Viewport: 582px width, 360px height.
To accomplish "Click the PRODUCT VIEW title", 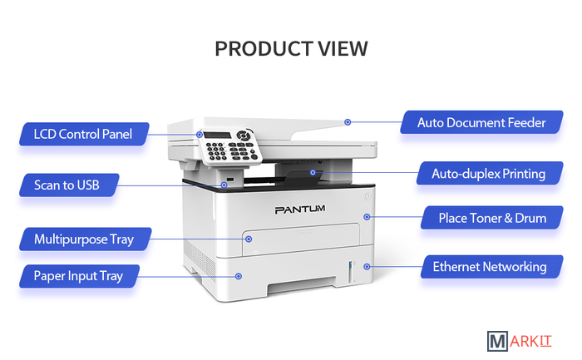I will click(x=291, y=48).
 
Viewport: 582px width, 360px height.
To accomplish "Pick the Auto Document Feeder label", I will click(x=482, y=122).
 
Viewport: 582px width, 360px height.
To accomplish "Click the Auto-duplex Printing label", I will click(x=488, y=174).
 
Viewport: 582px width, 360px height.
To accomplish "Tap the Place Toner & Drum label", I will click(x=492, y=218).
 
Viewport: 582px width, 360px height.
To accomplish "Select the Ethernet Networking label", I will click(x=490, y=267).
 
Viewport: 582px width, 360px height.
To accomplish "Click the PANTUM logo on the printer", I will click(x=299, y=210).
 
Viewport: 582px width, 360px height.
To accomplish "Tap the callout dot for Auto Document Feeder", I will click(x=348, y=122).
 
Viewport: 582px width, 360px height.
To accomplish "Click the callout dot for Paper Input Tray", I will click(x=239, y=274).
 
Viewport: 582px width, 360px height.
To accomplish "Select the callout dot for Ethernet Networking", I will click(x=367, y=267).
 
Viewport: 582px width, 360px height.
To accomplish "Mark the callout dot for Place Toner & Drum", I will click(x=366, y=217).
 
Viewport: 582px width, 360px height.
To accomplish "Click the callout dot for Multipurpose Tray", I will click(x=248, y=239).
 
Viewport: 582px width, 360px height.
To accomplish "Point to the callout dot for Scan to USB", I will click(x=224, y=185).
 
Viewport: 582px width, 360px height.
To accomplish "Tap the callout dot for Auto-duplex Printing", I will click(x=313, y=173).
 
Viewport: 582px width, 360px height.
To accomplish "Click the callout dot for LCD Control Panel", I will click(x=200, y=134).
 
